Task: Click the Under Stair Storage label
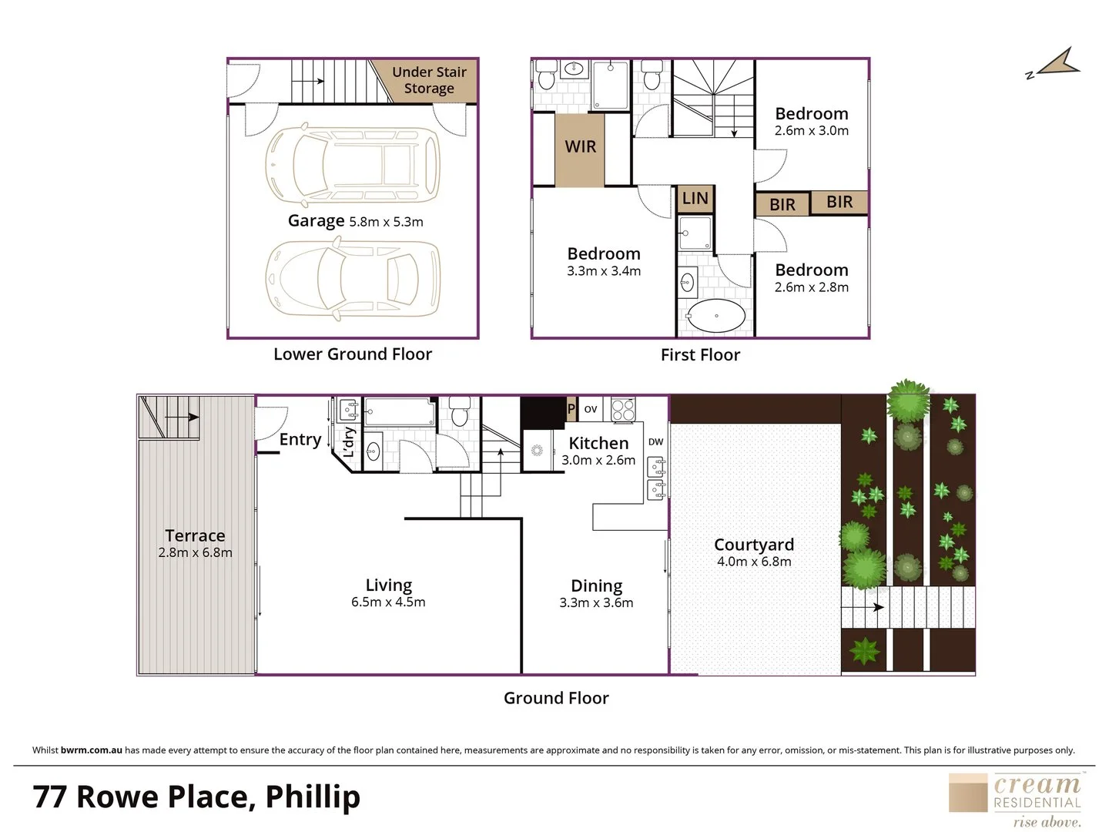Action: [429, 80]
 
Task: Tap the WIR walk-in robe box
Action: [580, 147]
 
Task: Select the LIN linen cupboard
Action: [695, 199]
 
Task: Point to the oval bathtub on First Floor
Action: [715, 316]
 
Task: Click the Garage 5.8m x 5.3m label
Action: [355, 221]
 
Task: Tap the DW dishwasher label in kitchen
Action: [655, 441]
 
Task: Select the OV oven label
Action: [591, 409]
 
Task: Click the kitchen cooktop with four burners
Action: [623, 409]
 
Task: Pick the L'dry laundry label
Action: [348, 442]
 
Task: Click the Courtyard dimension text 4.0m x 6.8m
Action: [753, 562]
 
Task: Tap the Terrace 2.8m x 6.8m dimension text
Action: [195, 552]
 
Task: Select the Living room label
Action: [388, 585]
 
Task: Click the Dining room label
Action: [596, 586]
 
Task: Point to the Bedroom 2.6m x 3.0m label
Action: [811, 122]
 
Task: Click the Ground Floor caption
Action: [556, 698]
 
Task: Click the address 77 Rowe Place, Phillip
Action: [196, 797]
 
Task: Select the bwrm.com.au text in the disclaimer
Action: [92, 750]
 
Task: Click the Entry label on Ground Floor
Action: [300, 439]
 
